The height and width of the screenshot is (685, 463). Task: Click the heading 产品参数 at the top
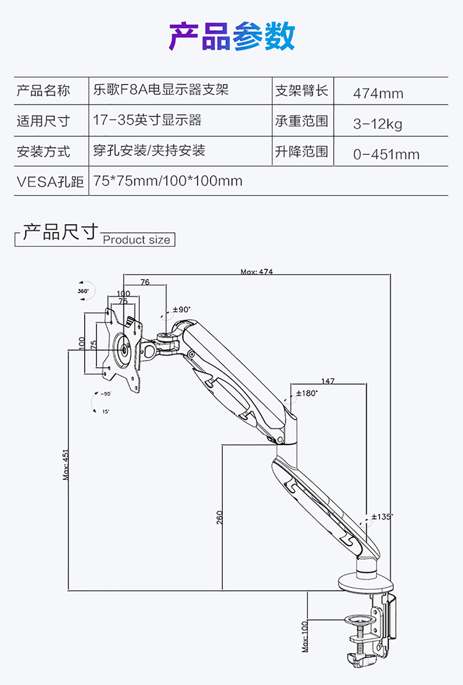[231, 36]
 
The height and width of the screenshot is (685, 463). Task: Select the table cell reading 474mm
[378, 94]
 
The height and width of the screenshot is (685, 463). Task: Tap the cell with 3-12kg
[377, 124]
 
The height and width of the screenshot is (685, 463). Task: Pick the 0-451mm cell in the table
[386, 154]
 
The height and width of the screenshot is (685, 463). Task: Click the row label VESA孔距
[50, 181]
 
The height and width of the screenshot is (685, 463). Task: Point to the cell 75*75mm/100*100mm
[167, 181]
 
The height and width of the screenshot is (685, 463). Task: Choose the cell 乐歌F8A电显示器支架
[161, 89]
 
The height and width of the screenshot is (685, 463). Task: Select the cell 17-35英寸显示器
[147, 120]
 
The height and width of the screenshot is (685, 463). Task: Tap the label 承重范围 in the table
[301, 120]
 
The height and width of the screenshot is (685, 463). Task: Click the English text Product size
[136, 240]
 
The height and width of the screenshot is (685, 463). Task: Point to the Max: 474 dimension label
[257, 272]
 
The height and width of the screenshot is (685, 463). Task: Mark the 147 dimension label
[328, 381]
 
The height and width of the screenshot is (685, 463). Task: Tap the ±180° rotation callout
[306, 392]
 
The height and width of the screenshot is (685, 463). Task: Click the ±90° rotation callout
[181, 309]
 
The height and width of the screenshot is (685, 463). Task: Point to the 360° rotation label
[83, 290]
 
